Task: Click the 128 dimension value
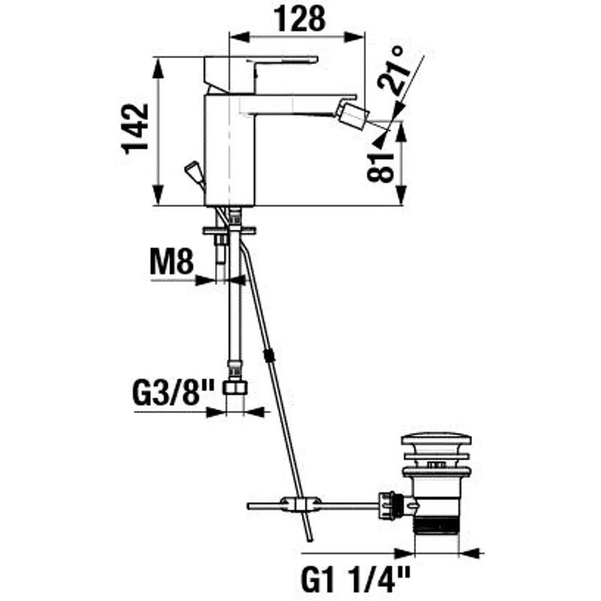[298, 17]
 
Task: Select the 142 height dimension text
[136, 128]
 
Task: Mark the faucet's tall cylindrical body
[229, 150]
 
